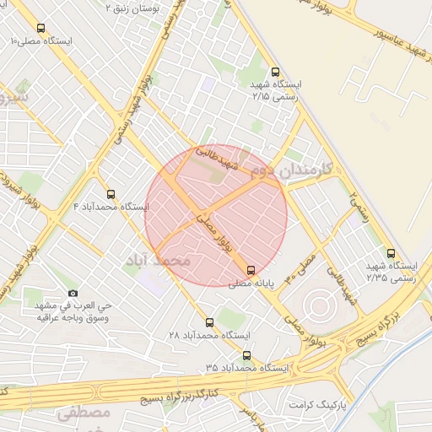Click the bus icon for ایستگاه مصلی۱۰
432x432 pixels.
pos(41,28)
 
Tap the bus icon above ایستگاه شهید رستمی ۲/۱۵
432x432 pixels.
pos(274,73)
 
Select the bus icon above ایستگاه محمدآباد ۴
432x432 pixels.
pos(111,194)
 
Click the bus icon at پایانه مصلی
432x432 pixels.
pos(251,270)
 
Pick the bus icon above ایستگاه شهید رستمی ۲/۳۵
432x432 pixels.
pos(390,252)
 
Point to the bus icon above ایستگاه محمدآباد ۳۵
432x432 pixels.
pos(246,356)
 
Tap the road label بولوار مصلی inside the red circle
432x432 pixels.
pos(211,230)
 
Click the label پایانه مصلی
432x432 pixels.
pos(251,284)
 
